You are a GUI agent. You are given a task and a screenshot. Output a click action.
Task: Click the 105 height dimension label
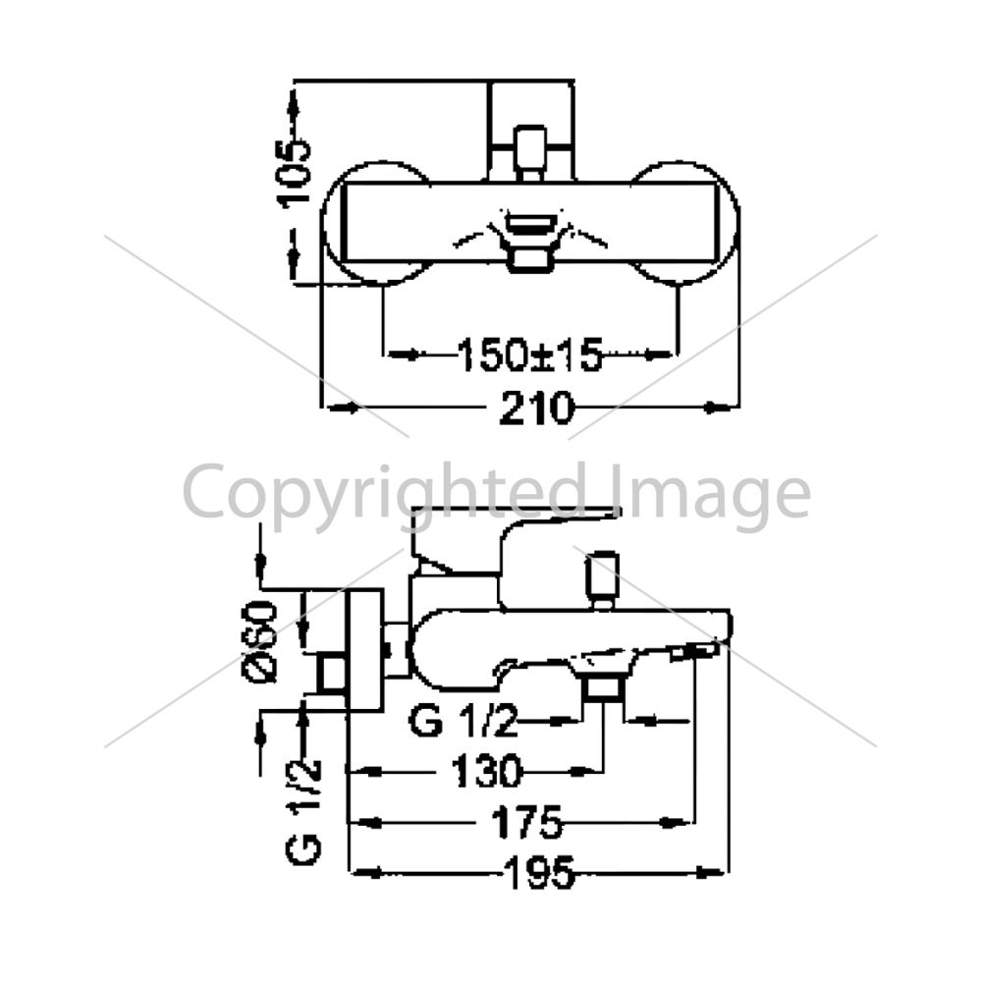(293, 172)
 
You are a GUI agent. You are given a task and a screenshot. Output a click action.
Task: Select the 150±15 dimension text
(530, 355)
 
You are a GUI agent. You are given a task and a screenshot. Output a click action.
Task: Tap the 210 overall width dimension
(536, 409)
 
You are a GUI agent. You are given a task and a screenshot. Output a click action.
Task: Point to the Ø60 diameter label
(259, 641)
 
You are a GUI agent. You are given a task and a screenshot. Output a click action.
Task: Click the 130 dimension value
(486, 771)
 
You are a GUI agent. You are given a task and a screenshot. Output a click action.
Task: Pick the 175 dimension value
(527, 822)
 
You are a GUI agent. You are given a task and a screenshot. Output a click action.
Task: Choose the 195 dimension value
(540, 872)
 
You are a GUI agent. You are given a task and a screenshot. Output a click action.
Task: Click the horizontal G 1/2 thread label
(464, 722)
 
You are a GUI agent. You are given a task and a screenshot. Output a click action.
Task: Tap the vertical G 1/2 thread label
(304, 812)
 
